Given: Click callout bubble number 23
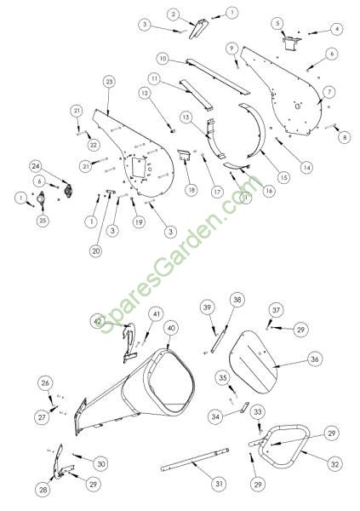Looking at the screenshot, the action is (109, 82).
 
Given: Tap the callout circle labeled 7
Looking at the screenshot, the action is (329, 93).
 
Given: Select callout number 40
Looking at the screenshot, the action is (171, 328).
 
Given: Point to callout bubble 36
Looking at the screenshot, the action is (314, 359).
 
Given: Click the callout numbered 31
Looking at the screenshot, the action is (219, 484).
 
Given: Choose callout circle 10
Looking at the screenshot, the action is (163, 59).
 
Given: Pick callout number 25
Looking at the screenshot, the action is (43, 221).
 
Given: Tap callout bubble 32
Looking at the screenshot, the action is (334, 464).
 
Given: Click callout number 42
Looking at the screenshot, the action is (97, 322).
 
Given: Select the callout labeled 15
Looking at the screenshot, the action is (283, 177).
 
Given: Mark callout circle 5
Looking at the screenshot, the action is (278, 24).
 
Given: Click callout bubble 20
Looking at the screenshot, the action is (95, 251).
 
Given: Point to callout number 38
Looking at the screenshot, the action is (237, 300).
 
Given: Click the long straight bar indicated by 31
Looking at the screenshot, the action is (195, 460).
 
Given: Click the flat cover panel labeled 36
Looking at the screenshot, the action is (254, 362).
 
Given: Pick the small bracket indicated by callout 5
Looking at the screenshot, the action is (291, 43).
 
